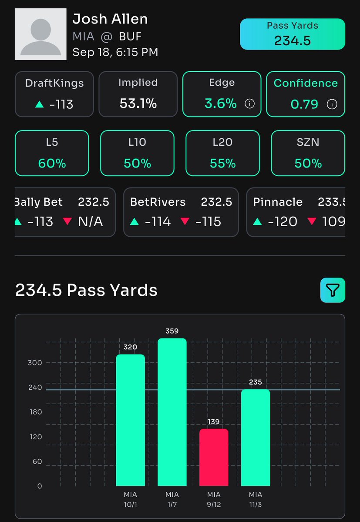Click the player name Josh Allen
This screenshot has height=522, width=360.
pyautogui.click(x=110, y=19)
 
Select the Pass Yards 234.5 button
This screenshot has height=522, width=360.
pyautogui.click(x=292, y=34)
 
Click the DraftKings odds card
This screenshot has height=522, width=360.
pyautogui.click(x=54, y=94)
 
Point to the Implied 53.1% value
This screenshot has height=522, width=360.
pyautogui.click(x=138, y=104)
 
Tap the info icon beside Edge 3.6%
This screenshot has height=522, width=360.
pyautogui.click(x=249, y=104)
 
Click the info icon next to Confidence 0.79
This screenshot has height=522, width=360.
pyautogui.click(x=332, y=104)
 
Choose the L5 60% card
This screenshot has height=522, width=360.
pyautogui.click(x=52, y=153)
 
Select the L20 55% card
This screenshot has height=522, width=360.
pyautogui.click(x=223, y=153)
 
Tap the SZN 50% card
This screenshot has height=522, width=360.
pyautogui.click(x=308, y=153)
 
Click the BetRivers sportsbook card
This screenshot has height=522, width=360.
pyautogui.click(x=181, y=212)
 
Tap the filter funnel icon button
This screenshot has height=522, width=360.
pyautogui.click(x=333, y=290)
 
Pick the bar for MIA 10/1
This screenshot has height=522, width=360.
pyautogui.click(x=130, y=420)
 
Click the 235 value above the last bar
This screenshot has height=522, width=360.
pyautogui.click(x=256, y=382)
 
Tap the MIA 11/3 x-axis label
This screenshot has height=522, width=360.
pyautogui.click(x=256, y=499)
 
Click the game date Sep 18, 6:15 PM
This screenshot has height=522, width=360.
pyautogui.click(x=115, y=52)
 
